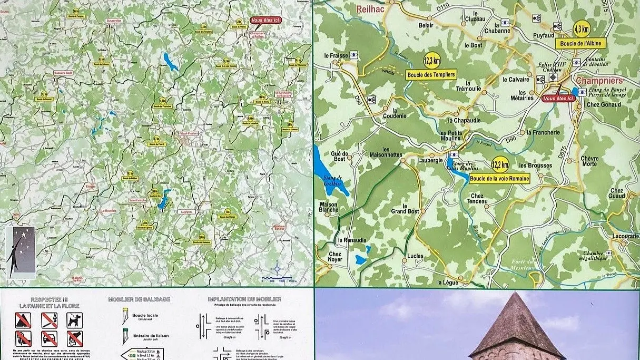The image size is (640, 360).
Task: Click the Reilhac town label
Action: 372,9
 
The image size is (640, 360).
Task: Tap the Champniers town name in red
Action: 599,81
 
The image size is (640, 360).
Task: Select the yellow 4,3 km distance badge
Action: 582,28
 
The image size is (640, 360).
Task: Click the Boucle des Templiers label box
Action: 431,74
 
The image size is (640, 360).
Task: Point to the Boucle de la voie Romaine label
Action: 498,179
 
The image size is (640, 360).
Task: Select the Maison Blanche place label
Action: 329,207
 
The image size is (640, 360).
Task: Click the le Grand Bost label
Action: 405,209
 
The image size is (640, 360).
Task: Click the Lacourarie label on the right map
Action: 626,237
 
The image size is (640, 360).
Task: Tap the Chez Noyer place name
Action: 335,256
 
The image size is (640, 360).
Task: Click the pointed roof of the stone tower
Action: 517,325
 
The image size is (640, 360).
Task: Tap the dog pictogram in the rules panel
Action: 74,319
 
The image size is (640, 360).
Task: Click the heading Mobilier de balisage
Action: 139,299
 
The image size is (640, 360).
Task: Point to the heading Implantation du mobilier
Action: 244,299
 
